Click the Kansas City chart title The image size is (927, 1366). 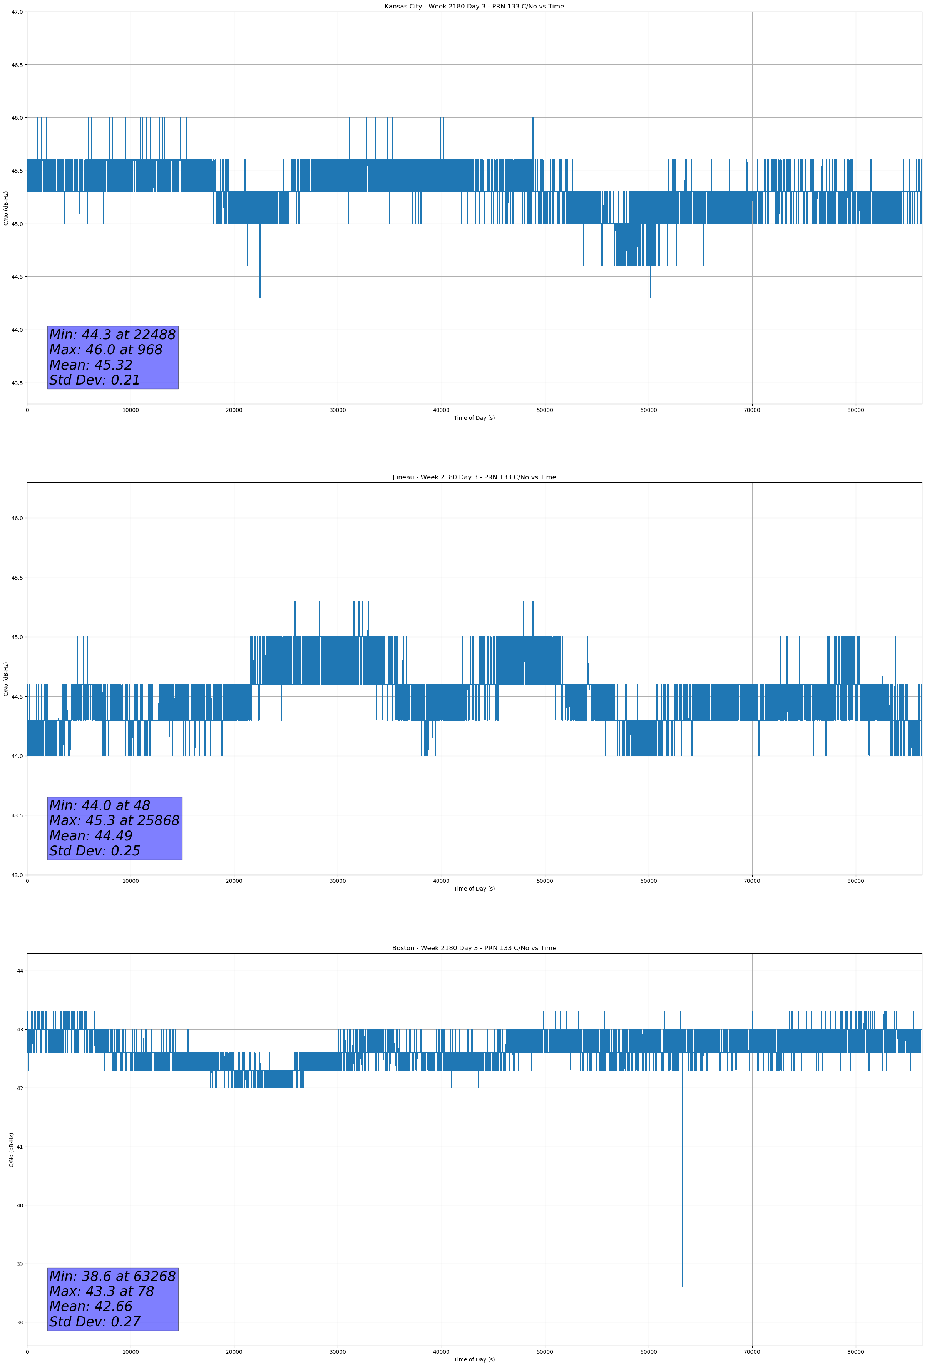(474, 7)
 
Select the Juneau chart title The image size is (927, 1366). (474, 477)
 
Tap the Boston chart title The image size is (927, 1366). (474, 948)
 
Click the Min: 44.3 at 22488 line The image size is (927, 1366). (112, 335)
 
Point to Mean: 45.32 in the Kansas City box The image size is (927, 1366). (91, 365)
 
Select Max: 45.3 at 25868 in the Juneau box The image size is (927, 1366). (114, 820)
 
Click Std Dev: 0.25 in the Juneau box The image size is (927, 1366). (95, 851)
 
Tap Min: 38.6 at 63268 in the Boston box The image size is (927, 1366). (112, 1276)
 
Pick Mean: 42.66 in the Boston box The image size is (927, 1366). (91, 1306)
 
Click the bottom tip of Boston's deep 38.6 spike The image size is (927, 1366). (683, 1287)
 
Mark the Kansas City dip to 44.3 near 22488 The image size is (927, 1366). (260, 297)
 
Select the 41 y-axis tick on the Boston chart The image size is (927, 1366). (20, 1147)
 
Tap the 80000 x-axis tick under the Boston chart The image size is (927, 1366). (855, 1352)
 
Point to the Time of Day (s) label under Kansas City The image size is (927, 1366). (474, 418)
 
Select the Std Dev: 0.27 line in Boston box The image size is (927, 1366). (95, 1322)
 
